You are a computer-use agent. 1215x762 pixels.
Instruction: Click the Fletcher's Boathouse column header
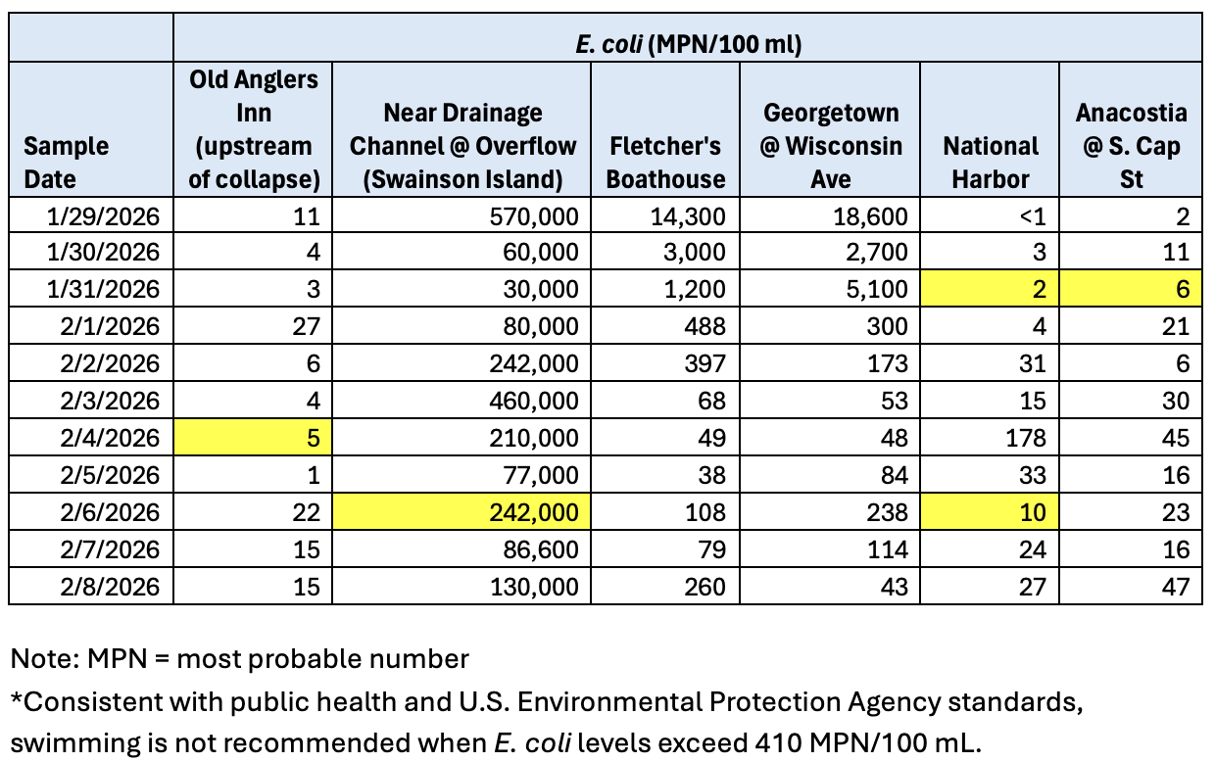tap(666, 163)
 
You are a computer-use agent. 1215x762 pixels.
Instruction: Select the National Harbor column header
tap(991, 163)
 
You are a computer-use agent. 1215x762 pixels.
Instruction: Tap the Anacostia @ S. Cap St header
tap(1131, 145)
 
